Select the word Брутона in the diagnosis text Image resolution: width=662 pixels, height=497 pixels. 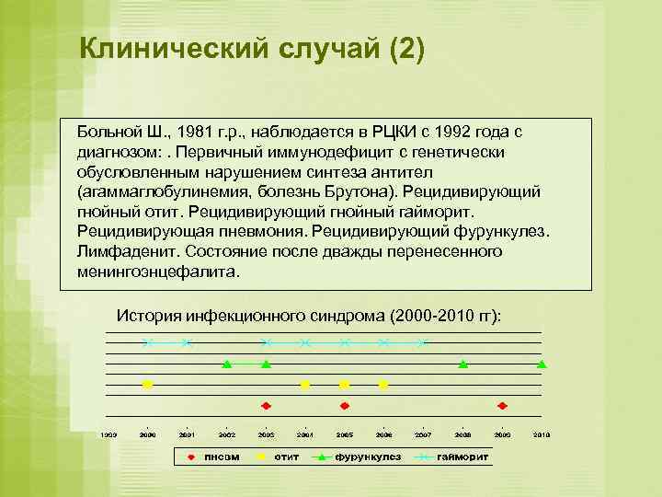click(x=352, y=191)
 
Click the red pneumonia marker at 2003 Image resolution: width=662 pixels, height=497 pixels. click(x=266, y=405)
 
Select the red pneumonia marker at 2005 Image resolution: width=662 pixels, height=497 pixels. click(x=345, y=405)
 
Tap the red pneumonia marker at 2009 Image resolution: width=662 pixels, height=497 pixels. click(x=502, y=405)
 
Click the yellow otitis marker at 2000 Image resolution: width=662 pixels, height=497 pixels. click(x=147, y=385)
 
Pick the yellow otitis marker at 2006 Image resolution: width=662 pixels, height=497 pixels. click(x=383, y=385)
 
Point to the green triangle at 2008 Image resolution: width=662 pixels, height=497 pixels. click(x=463, y=364)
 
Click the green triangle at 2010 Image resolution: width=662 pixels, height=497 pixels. click(x=542, y=364)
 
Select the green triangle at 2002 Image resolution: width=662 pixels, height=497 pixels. click(x=226, y=364)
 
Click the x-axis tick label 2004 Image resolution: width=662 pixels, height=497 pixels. click(x=305, y=434)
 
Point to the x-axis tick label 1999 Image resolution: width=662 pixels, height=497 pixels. click(x=108, y=434)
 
